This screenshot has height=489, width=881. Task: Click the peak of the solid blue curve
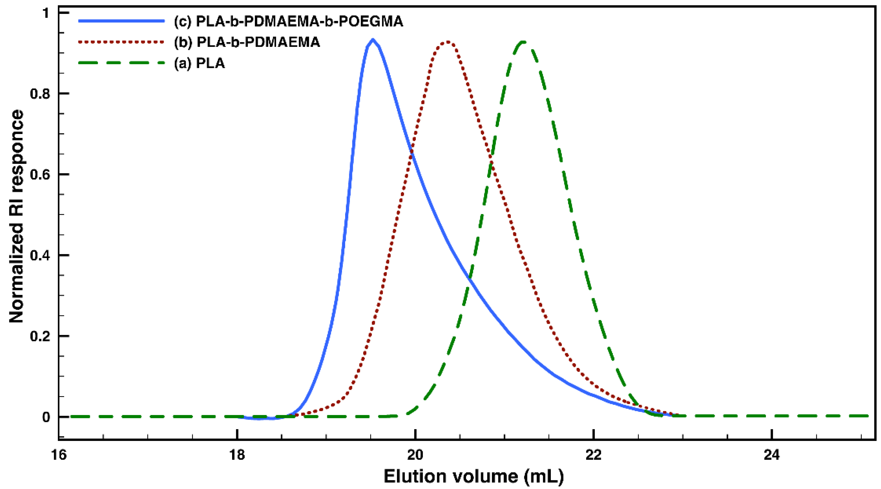[373, 40]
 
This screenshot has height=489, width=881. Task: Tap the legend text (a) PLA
[199, 63]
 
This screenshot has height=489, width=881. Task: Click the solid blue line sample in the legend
[121, 21]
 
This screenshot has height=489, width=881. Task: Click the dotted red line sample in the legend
[121, 42]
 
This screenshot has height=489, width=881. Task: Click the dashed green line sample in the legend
[121, 63]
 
